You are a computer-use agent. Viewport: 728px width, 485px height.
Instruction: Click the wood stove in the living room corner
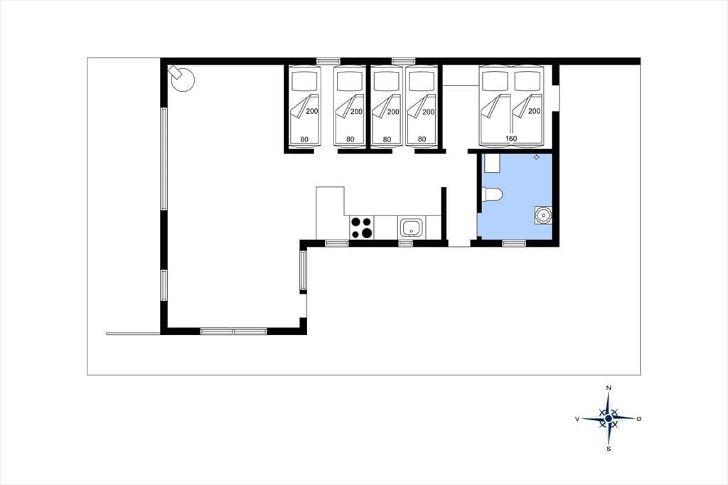click(182, 79)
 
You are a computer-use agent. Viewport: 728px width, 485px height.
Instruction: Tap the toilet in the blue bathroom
click(492, 195)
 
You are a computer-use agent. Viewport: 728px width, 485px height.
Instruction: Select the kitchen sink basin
click(411, 228)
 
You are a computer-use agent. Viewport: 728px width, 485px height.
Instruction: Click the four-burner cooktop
click(361, 228)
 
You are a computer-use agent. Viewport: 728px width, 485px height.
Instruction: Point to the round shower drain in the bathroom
click(542, 215)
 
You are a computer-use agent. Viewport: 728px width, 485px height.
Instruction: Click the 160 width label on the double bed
click(510, 139)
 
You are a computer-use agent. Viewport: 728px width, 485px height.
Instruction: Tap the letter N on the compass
click(609, 388)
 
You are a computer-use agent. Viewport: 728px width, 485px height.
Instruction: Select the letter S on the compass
click(609, 449)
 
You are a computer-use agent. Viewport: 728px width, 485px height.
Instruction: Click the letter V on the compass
click(577, 419)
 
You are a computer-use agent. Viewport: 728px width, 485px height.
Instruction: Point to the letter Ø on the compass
click(639, 419)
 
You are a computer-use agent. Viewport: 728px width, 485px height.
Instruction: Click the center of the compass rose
click(609, 419)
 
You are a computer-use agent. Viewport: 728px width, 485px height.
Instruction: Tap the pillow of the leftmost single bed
click(304, 81)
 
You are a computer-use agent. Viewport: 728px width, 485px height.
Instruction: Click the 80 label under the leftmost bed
click(304, 139)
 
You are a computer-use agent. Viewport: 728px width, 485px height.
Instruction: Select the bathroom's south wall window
click(514, 242)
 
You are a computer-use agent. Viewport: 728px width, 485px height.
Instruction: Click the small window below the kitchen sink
click(406, 242)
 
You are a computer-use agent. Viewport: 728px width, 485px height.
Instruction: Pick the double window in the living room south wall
click(233, 331)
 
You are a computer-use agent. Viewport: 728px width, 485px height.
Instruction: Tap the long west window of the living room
click(164, 159)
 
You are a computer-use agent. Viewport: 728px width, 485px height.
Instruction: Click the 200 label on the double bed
click(535, 111)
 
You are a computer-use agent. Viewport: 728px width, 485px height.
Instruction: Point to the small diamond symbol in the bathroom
click(537, 157)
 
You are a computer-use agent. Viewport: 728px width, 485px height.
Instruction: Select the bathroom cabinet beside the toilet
click(492, 163)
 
